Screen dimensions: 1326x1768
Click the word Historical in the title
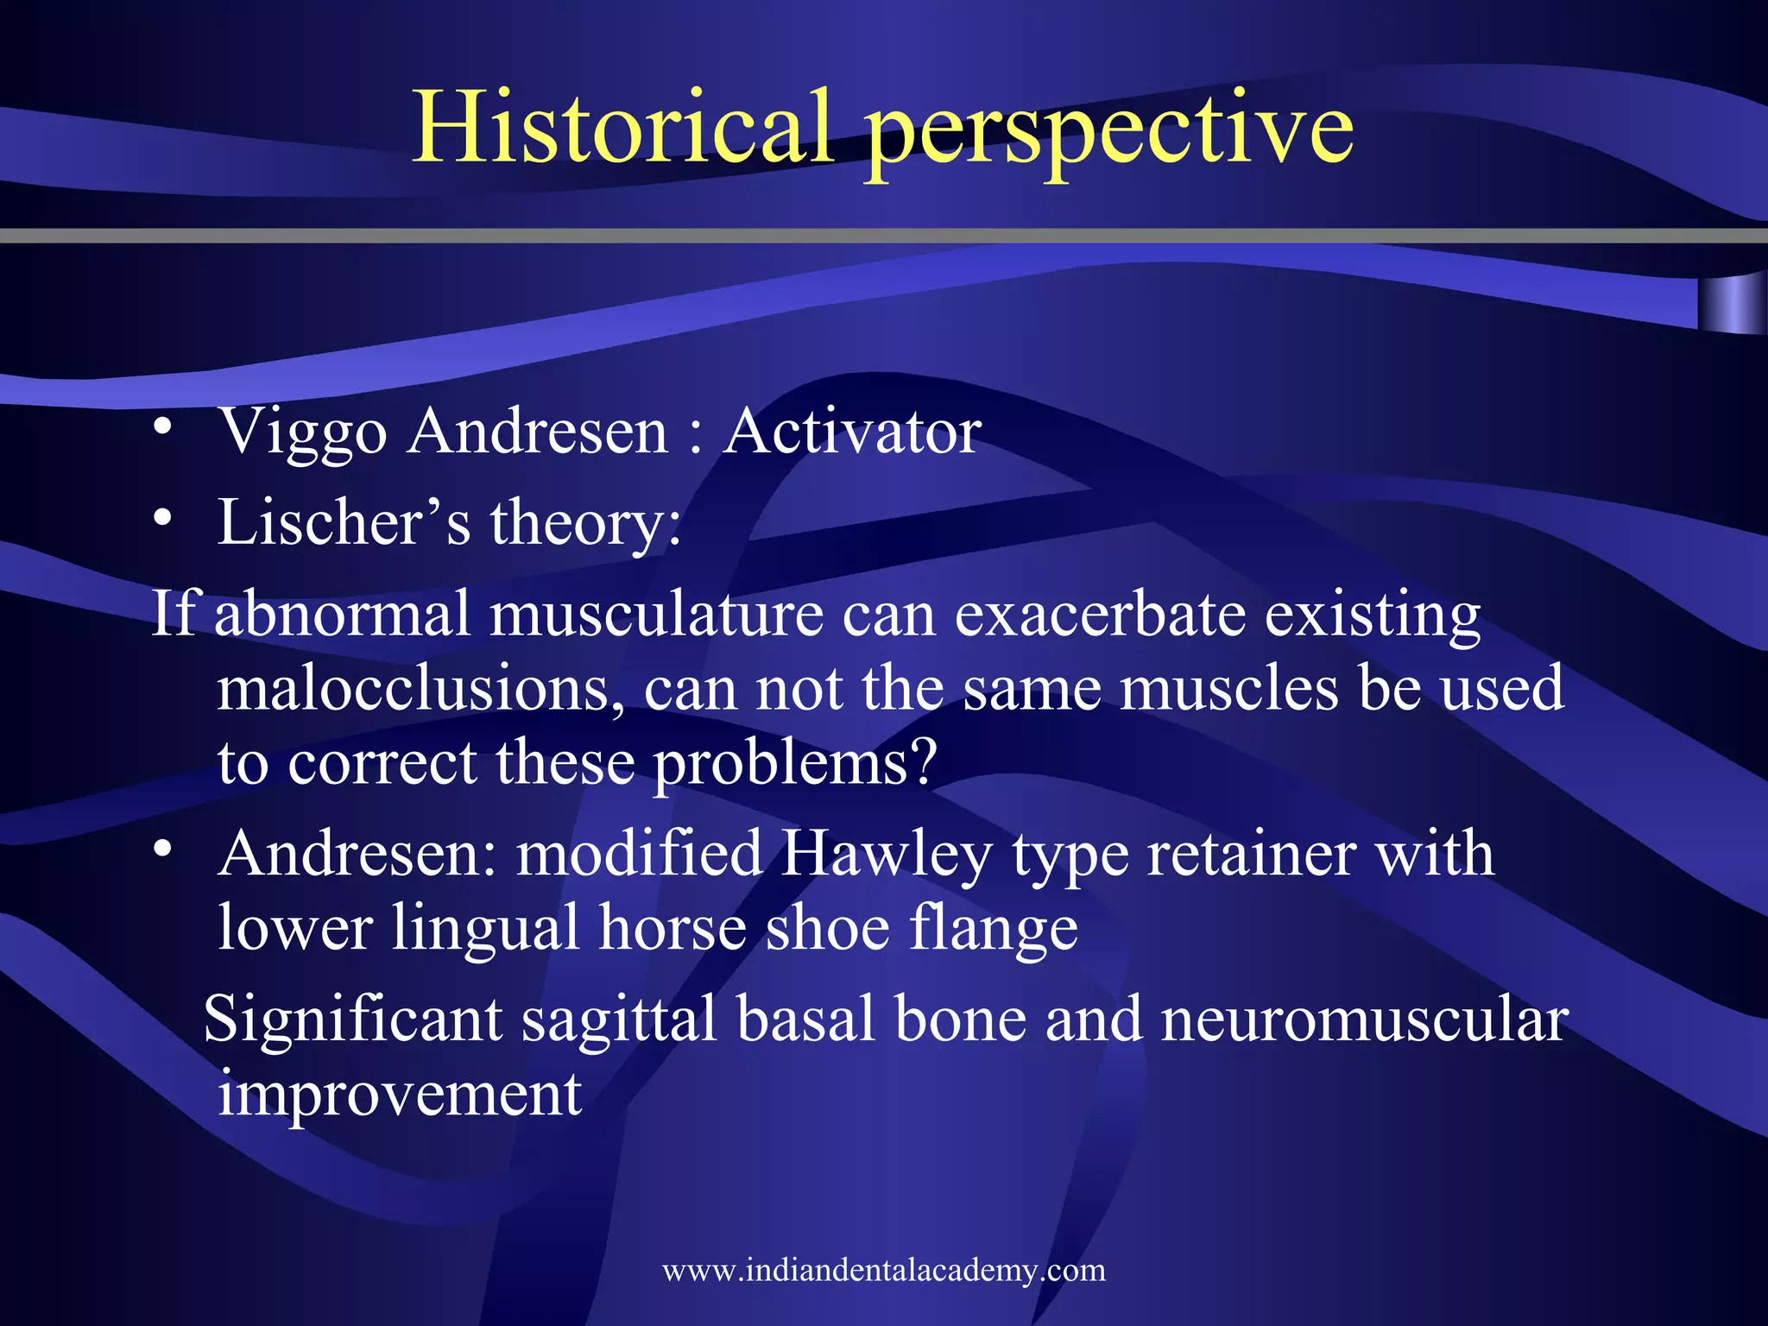(624, 128)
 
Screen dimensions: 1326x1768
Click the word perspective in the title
(1110, 131)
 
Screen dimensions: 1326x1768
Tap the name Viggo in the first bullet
(303, 432)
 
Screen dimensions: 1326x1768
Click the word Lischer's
(344, 522)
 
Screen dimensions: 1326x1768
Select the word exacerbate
(1099, 614)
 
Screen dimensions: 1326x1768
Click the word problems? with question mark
(795, 764)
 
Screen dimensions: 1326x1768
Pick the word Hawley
(887, 855)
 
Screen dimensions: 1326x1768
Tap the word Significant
(353, 1019)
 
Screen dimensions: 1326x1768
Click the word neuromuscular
(1364, 1019)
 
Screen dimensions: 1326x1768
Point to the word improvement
(400, 1093)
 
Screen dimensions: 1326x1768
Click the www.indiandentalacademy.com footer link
(883, 1271)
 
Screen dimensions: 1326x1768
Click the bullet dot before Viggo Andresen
(162, 428)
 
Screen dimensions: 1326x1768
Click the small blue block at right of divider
(1732, 304)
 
